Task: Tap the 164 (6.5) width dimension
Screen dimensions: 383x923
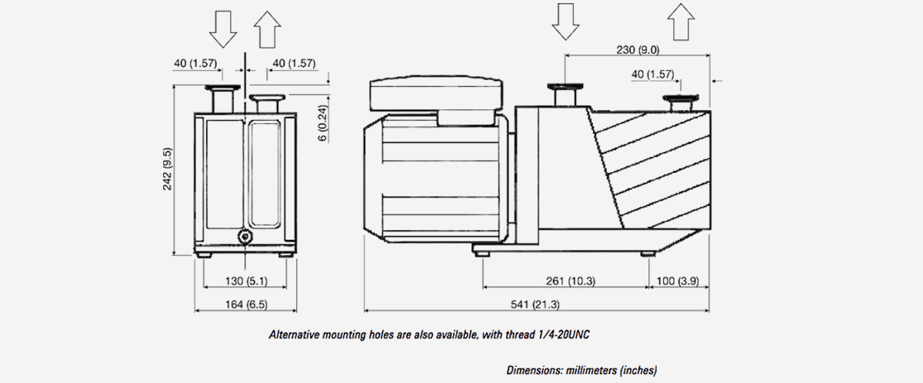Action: point(245,305)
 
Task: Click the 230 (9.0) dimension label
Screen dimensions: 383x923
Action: point(638,49)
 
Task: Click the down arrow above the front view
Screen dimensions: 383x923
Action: point(224,30)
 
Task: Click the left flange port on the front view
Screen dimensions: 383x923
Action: point(222,99)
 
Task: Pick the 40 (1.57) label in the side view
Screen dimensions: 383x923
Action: point(652,74)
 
